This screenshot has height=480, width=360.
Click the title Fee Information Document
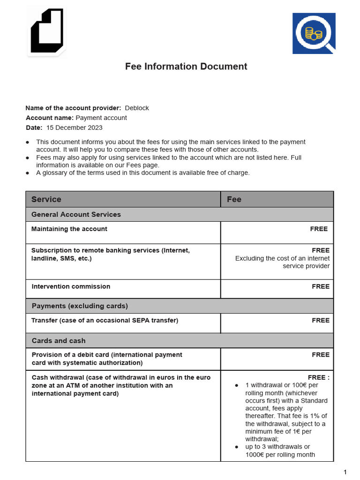(186, 67)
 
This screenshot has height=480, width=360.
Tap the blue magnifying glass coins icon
(314, 33)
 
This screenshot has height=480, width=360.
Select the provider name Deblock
(137, 108)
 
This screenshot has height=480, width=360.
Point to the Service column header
(46, 199)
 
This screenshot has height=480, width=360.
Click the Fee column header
(234, 199)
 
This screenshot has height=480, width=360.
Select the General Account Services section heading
(76, 214)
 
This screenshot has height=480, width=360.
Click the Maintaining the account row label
(69, 229)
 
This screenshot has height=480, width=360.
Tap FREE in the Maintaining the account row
(319, 229)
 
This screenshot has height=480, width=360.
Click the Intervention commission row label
(71, 286)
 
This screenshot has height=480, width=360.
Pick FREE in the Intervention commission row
(321, 286)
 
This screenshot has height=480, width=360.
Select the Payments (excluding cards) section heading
(80, 306)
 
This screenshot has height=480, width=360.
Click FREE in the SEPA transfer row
(321, 320)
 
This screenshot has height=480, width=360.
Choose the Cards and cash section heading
(59, 340)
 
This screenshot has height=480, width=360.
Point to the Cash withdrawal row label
(121, 385)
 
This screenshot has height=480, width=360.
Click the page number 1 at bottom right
(345, 472)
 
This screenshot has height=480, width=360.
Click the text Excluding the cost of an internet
(282, 258)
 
